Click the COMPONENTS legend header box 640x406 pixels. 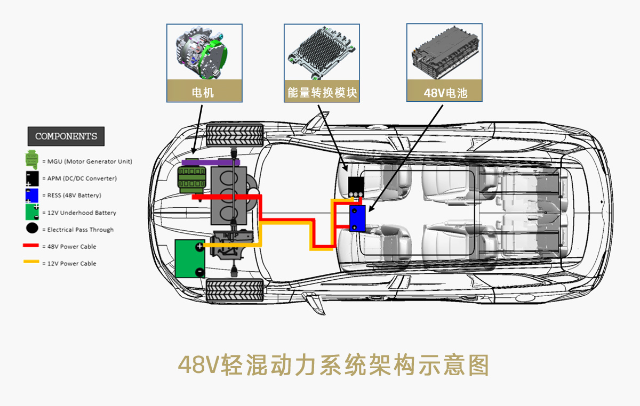click(x=66, y=136)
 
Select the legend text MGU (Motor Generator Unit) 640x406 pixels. click(x=90, y=161)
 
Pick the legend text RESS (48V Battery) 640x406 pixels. click(x=74, y=196)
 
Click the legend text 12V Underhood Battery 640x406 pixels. click(x=82, y=213)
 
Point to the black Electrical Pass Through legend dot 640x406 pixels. click(x=32, y=229)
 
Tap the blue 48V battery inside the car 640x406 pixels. click(x=357, y=218)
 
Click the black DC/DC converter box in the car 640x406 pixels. click(x=356, y=186)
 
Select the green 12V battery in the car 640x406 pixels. click(x=190, y=258)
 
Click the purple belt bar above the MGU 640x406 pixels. click(x=211, y=161)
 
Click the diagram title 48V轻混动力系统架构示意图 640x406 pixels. click(x=334, y=366)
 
